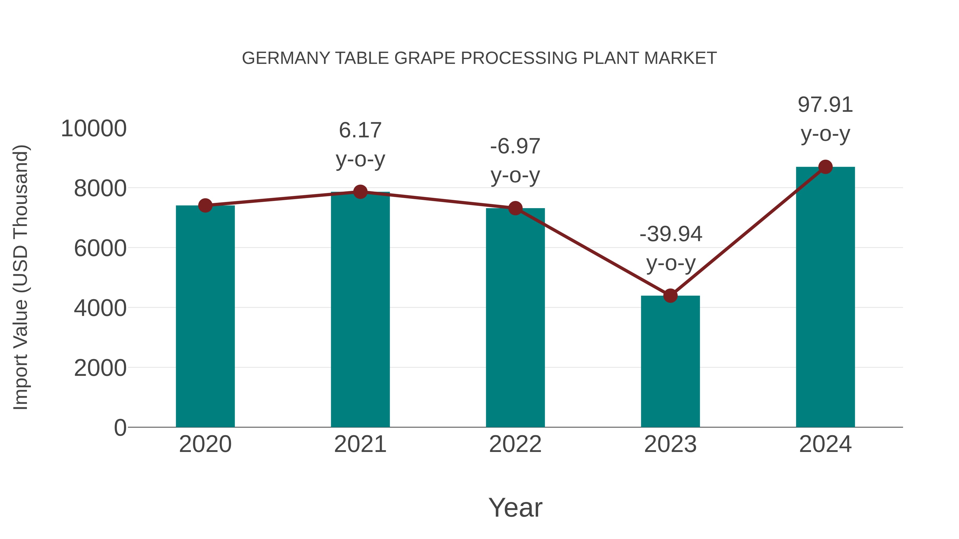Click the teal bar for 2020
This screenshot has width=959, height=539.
(x=205, y=316)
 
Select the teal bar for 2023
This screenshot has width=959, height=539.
(x=670, y=361)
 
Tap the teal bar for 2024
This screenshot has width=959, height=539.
(x=825, y=298)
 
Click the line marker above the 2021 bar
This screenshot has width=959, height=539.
(x=360, y=192)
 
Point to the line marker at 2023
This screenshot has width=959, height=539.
(x=670, y=296)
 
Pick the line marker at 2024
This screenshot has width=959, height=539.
(x=825, y=167)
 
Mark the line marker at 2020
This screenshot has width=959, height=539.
(x=205, y=205)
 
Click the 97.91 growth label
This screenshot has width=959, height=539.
(x=825, y=105)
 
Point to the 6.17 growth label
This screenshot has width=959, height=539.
(x=360, y=131)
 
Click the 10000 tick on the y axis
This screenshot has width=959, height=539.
(x=94, y=129)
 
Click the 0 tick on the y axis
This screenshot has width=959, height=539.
(x=120, y=427)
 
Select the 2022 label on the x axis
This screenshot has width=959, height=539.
(x=515, y=444)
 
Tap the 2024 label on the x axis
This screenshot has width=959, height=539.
(x=825, y=444)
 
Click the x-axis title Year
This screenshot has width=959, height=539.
(x=515, y=507)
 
